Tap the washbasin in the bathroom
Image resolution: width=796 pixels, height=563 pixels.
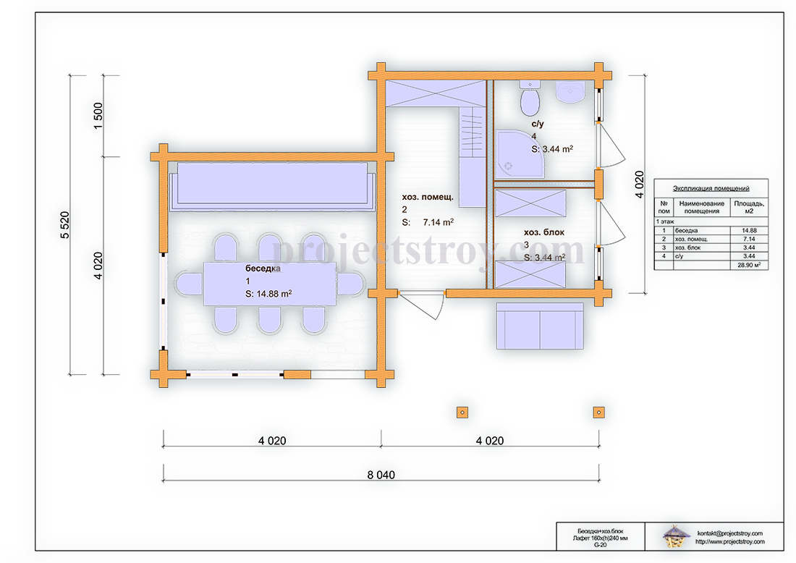coord(571,92)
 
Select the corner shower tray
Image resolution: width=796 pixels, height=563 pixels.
coord(519,154)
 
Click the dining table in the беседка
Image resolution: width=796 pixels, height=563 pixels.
coord(270,284)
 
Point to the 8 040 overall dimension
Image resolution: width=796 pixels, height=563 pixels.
coord(381,475)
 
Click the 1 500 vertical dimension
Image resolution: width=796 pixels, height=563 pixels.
coord(98,116)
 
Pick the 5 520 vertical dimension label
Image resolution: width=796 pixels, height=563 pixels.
coord(65,225)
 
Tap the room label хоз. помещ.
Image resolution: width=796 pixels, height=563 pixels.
coord(428,197)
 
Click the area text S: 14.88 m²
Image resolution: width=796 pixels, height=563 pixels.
coord(268,293)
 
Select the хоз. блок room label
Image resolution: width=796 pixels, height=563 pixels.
coord(544,232)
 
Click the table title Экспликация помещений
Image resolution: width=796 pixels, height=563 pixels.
coord(711,188)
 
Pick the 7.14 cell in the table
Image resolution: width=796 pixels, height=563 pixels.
coord(749,239)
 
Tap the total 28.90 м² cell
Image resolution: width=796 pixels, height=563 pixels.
coord(749,265)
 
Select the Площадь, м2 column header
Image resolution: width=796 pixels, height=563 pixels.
coord(749,207)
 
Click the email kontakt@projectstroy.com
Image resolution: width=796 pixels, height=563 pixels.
coord(729,533)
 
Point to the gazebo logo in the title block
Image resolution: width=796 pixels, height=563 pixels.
coord(676,536)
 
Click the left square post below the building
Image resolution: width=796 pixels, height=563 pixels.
coord(462,412)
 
